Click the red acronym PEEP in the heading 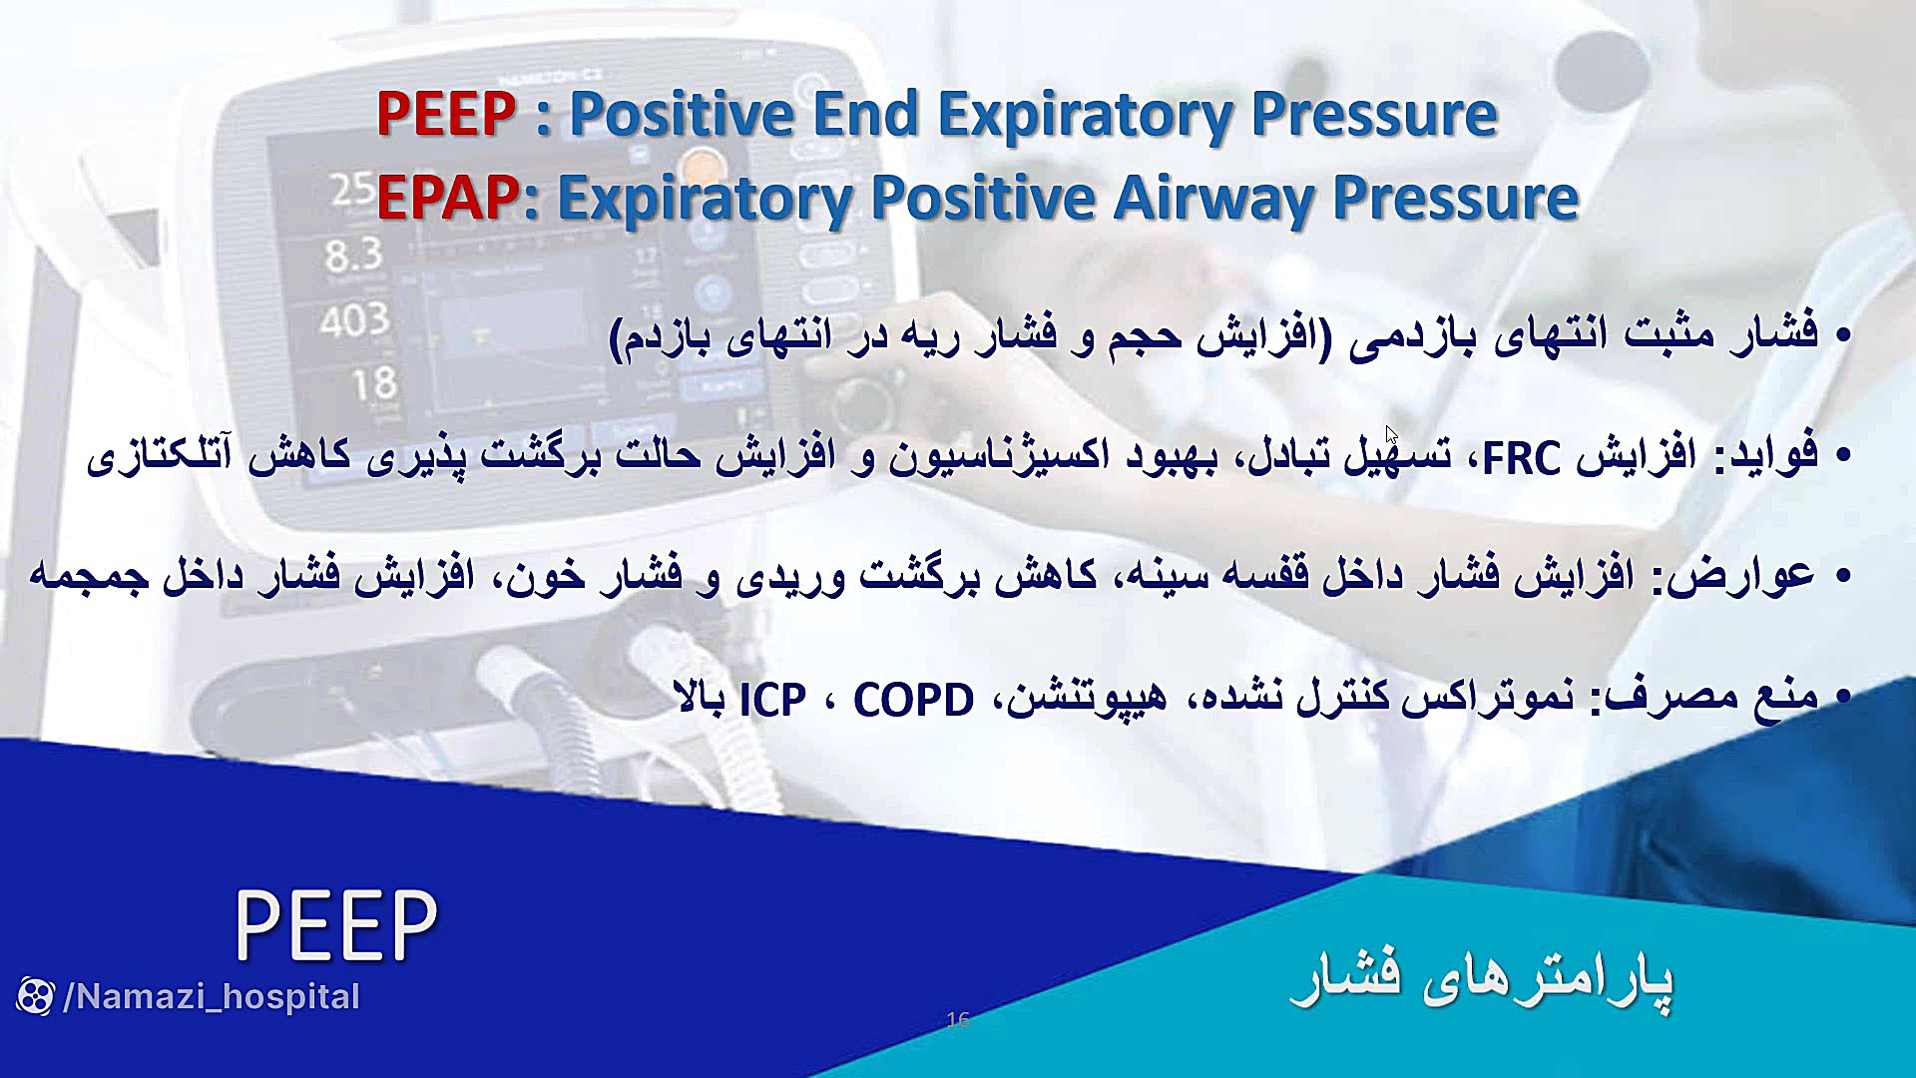click(x=446, y=114)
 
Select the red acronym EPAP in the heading click(x=447, y=198)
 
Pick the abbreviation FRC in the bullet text click(x=1521, y=458)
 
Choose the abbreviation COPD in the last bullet click(x=913, y=700)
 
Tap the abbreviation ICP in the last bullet click(x=772, y=700)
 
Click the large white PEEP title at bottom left click(x=336, y=925)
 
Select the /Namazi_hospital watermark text click(x=212, y=996)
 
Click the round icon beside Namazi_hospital click(x=35, y=996)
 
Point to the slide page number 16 click(x=958, y=1019)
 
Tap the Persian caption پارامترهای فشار click(x=1482, y=978)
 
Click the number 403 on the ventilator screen click(x=354, y=320)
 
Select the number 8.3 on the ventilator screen click(x=353, y=256)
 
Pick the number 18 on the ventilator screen click(x=374, y=383)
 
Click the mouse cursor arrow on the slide click(x=1392, y=436)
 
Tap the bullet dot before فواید click(x=1842, y=456)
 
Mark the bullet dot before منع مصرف click(x=1842, y=696)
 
